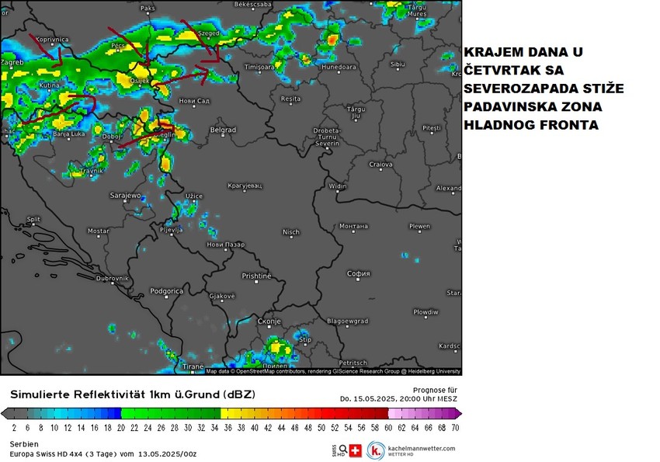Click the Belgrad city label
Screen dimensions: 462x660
[223, 130]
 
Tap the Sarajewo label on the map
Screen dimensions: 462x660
[125, 196]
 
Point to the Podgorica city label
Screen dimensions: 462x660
[166, 291]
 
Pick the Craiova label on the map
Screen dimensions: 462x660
[380, 165]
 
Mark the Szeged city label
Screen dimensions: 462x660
[209, 34]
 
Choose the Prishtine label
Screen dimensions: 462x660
[256, 276]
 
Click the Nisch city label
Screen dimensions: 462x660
[291, 231]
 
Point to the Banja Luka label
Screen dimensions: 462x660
[69, 134]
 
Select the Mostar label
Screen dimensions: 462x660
[99, 231]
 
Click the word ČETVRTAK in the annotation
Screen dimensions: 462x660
[502, 71]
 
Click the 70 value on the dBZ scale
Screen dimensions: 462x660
[454, 427]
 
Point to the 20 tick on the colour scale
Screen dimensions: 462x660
[120, 427]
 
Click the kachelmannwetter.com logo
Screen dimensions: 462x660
[412, 450]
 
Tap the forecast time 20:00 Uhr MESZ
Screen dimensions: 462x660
[419, 398]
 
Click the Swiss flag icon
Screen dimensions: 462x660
[356, 450]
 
